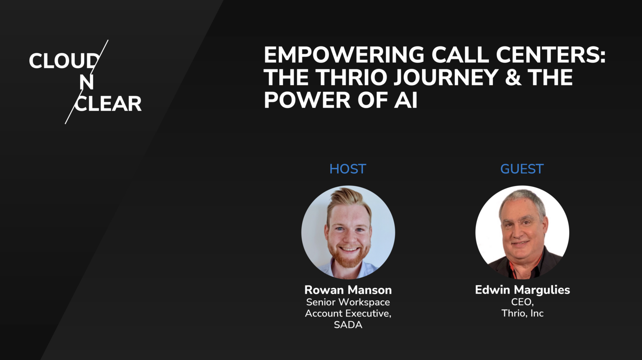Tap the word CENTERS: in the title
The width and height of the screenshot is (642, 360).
pos(550,55)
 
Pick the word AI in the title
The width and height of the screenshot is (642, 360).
pos(405,100)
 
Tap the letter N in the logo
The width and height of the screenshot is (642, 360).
pos(86,82)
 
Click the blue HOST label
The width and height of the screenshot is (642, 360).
pos(348,169)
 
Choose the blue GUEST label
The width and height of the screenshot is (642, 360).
pos(522,169)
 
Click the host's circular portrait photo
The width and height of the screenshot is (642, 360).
pos(348,232)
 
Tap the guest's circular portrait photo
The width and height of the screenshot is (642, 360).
pos(522,232)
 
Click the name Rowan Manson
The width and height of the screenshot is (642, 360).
pos(348,290)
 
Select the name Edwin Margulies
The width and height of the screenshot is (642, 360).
pos(522,290)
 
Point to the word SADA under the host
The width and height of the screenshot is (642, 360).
pos(348,325)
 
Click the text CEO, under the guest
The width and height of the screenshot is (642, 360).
pos(522,302)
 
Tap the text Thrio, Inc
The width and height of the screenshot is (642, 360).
pos(522,313)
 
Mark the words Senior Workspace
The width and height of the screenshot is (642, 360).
pos(348,302)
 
